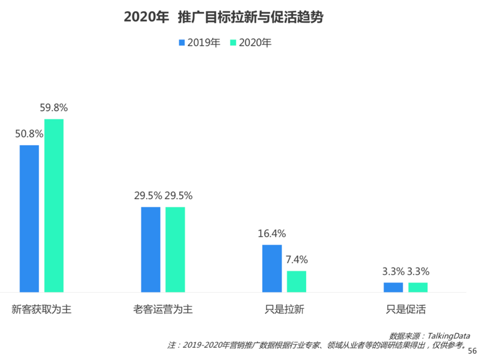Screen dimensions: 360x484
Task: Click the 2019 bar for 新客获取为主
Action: (x=29, y=218)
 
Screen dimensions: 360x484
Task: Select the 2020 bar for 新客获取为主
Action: (x=54, y=205)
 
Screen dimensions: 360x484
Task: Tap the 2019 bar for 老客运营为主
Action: (x=151, y=250)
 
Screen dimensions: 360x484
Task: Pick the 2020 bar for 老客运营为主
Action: (x=175, y=250)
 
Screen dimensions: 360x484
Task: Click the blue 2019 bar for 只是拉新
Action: (x=272, y=268)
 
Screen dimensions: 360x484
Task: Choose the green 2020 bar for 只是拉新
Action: (x=296, y=281)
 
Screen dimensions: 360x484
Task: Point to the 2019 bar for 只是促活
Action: (x=393, y=287)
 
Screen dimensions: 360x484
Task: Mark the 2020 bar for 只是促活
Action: (x=418, y=287)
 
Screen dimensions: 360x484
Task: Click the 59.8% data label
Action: (x=54, y=108)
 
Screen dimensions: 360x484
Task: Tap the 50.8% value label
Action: (x=29, y=134)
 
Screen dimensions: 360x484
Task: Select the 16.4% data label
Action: (x=272, y=233)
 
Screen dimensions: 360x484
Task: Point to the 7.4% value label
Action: (x=296, y=260)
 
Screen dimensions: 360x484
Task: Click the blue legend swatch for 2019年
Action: (x=182, y=43)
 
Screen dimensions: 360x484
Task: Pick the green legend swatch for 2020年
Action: (x=234, y=43)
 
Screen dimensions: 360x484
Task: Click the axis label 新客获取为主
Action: (x=41, y=309)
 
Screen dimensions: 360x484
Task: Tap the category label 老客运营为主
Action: (x=163, y=309)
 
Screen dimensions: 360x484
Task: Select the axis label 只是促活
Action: (x=406, y=309)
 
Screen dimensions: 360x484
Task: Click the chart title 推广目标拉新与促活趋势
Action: (x=250, y=17)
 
